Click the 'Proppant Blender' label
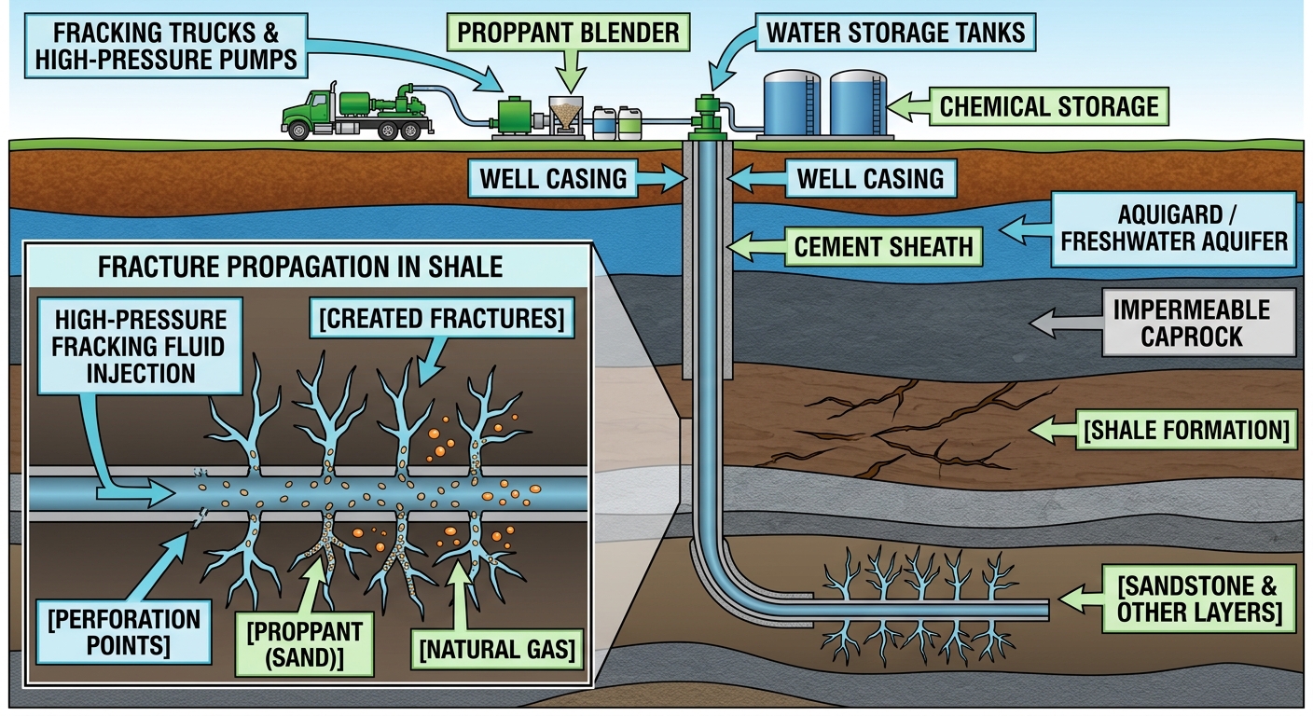point(568,33)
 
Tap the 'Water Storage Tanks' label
point(895,33)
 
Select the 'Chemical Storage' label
point(1049,106)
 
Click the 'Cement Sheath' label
point(883,247)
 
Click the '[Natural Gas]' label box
point(497,649)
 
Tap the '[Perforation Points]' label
point(124,631)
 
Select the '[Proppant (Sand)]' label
point(304,644)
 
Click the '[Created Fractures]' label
point(442,318)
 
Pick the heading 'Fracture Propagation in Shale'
point(300,267)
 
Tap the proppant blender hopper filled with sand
point(565,113)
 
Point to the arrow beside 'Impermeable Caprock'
point(1066,323)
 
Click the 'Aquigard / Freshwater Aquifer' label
point(1173,229)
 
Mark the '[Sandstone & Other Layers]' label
point(1198,599)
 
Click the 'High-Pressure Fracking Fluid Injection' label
point(140,346)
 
